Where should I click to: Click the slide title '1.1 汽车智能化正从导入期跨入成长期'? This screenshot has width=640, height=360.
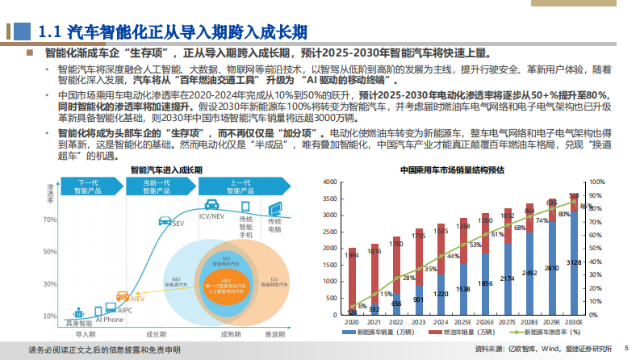tap(173, 31)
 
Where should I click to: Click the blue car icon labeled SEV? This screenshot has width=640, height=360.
tap(165, 220)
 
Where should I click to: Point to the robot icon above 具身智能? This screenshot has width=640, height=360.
tap(79, 310)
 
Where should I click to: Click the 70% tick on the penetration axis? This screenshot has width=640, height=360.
tap(50, 219)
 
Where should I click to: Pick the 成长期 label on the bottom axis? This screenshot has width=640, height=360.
tap(155, 333)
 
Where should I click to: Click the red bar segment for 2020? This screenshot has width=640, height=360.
tap(352, 278)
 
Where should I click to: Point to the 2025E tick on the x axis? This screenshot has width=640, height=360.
tap(463, 321)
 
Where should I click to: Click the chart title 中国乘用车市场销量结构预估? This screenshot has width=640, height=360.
tap(453, 170)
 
